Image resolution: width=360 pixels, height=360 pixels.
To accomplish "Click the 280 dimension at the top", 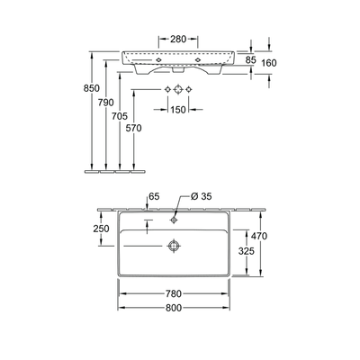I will (x=179, y=39).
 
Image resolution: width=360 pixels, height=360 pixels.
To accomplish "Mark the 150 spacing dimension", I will (x=179, y=111).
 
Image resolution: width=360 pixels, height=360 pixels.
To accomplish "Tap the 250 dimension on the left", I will (x=101, y=229).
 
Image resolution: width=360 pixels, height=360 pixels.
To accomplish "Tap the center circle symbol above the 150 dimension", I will (x=179, y=90).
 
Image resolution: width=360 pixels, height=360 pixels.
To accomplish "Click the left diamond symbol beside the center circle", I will (x=167, y=90).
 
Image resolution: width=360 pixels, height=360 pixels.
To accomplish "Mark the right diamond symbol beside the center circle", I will (x=191, y=90).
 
